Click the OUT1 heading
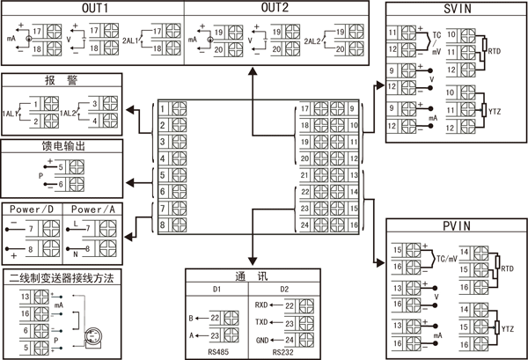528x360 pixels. [92, 8]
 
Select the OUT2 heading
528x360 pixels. [275, 8]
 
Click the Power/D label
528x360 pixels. [33, 209]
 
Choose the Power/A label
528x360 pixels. [92, 209]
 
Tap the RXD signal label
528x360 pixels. [262, 305]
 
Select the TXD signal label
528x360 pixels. [262, 321]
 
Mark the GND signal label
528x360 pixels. [262, 338]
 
